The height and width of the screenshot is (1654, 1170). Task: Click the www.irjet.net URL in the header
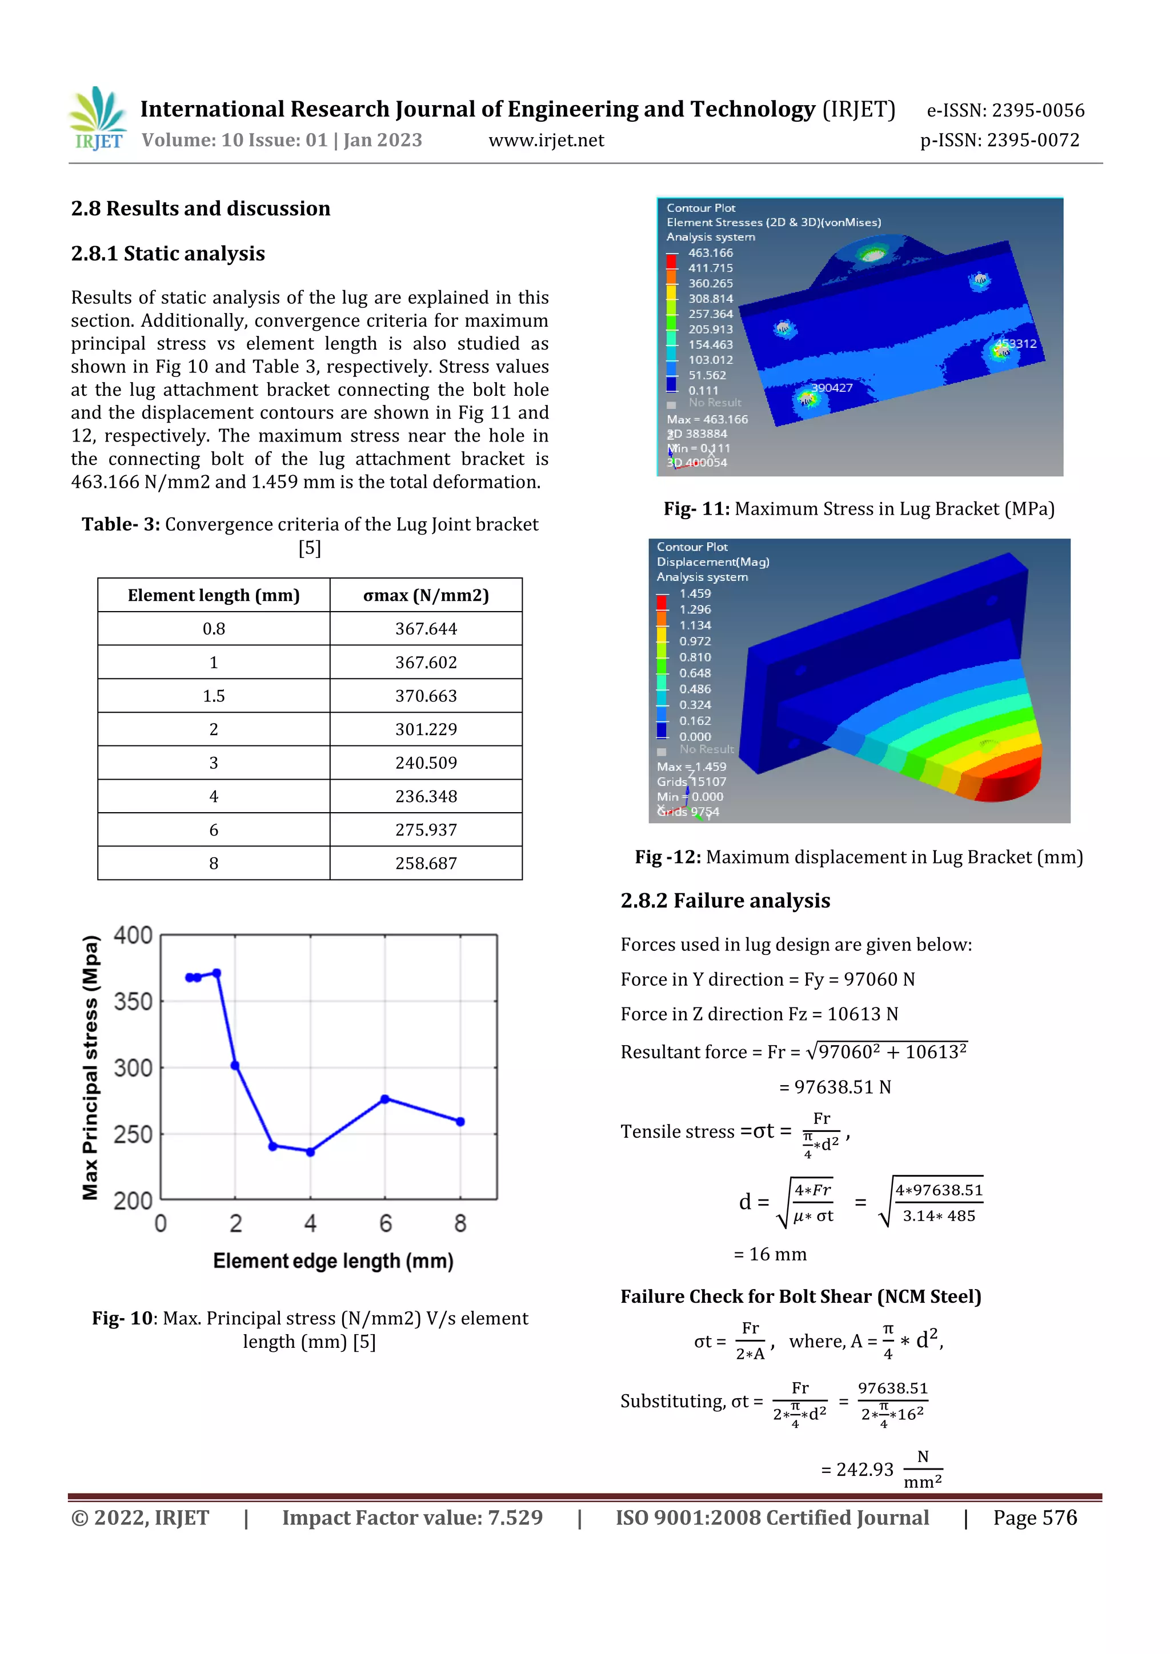pos(546,140)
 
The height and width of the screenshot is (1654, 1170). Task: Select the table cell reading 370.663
pos(426,696)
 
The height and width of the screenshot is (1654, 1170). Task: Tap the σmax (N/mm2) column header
pos(426,595)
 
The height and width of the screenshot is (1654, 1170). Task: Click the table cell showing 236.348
pos(426,796)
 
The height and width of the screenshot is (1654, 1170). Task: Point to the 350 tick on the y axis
pos(133,1001)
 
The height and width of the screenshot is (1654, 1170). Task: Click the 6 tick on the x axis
pos(386,1223)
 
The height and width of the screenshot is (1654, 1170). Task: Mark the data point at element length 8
pos(460,1122)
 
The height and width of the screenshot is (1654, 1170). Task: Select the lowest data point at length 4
pos(311,1152)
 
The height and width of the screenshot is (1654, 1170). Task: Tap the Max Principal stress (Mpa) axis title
pos(90,1067)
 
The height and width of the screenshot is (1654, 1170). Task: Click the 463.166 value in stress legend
pos(710,253)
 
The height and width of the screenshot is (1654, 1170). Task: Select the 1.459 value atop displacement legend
pos(695,593)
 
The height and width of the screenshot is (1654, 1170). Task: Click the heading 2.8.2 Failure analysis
pos(725,901)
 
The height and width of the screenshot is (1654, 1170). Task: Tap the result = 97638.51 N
pos(835,1086)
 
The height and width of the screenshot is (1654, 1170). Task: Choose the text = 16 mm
pos(770,1254)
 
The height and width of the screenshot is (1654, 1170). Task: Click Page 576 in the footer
pos(1035,1518)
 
